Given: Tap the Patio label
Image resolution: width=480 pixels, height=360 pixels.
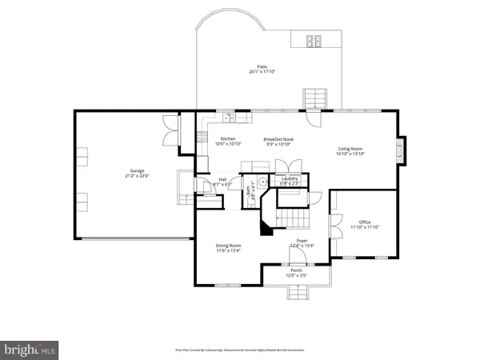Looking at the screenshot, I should (262, 69).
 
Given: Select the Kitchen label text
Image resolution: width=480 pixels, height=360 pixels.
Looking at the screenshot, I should (228, 142).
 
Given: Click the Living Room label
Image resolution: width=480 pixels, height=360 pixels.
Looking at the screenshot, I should (350, 150).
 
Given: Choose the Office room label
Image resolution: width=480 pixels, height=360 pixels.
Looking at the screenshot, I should (365, 224).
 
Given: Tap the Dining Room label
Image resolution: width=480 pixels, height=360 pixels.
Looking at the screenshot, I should (228, 247).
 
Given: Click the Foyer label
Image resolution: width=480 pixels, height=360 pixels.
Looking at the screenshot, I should (302, 242).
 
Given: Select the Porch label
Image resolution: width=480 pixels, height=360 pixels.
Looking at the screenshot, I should (297, 273).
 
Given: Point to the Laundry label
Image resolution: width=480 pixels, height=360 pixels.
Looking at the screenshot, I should (290, 179).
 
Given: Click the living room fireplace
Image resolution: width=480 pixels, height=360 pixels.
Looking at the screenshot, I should (401, 150).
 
